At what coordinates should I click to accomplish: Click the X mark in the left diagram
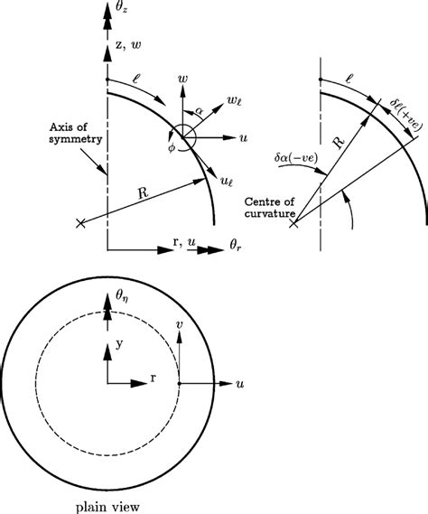click(82, 223)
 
